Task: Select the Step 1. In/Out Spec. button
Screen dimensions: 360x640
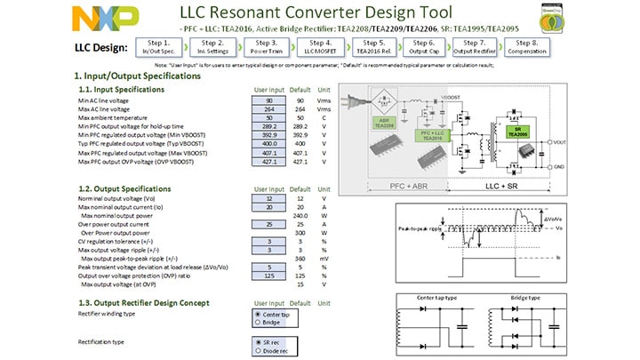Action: (159, 47)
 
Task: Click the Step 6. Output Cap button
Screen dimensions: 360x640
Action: (425, 47)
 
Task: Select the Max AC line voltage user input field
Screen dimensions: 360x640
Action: (268, 108)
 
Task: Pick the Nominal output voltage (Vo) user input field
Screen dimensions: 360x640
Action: (268, 198)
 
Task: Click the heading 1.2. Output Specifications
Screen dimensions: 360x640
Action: (125, 188)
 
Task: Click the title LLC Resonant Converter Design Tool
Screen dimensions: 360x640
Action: (316, 12)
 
